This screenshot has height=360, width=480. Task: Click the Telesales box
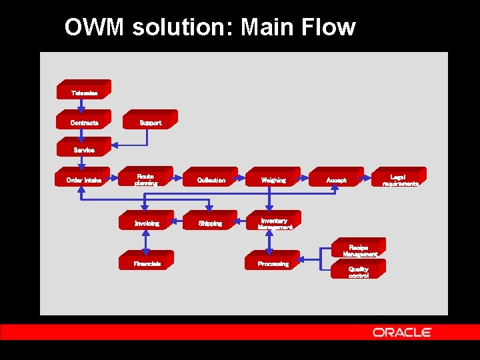(84, 91)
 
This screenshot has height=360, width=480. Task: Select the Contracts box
(84, 121)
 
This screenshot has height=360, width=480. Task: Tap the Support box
(150, 121)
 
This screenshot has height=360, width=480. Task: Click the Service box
(84, 148)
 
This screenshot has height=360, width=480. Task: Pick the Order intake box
(83, 178)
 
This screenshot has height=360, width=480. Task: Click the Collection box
(211, 178)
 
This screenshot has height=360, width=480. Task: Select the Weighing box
(273, 178)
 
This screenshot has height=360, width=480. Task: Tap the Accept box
(336, 178)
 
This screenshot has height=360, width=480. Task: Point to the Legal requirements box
(399, 178)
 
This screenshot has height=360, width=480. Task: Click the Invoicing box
(146, 222)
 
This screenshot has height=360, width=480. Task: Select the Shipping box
(210, 222)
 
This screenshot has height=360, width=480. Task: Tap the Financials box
(147, 262)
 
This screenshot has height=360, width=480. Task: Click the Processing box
(273, 262)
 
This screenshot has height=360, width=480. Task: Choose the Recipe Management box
(359, 249)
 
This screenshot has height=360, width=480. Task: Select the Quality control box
(358, 270)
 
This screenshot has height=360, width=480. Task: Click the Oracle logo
(402, 332)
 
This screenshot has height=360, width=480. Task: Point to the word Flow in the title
(327, 28)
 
